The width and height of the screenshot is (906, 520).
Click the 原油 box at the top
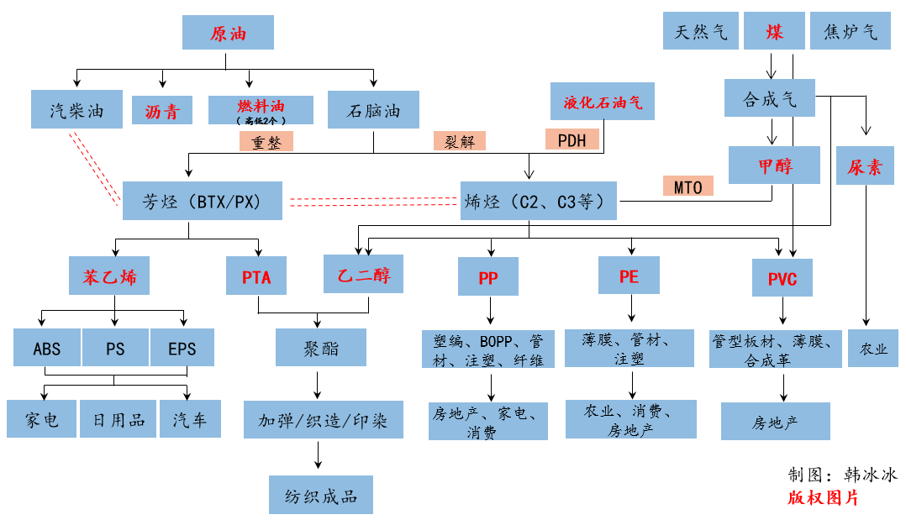[228, 34]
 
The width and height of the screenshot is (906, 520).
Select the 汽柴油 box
[76, 110]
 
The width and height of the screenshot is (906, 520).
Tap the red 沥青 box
[162, 111]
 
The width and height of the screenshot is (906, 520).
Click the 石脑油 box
[374, 110]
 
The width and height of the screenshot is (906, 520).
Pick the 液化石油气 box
[603, 102]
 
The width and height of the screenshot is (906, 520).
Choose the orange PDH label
[572, 140]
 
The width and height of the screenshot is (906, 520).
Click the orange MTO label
[687, 186]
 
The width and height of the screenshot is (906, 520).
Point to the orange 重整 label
[267, 141]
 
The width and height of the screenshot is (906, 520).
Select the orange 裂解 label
[459, 141]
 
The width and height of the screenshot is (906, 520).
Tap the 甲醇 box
[774, 165]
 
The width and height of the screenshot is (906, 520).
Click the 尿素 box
[865, 165]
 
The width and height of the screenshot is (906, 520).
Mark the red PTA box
[256, 276]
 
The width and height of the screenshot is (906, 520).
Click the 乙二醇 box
[364, 274]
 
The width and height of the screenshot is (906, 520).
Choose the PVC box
[782, 276]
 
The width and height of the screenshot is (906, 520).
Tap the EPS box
[182, 347]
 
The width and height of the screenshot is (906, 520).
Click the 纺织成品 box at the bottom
[320, 495]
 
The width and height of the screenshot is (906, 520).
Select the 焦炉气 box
[851, 31]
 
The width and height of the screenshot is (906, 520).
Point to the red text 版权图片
[823, 498]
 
